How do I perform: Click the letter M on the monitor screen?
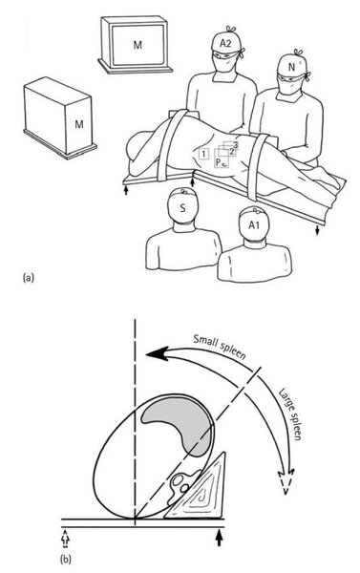[x=138, y=45]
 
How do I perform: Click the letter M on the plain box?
[x=79, y=124]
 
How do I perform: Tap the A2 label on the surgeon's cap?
[x=225, y=44]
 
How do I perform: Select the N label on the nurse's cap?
[x=291, y=67]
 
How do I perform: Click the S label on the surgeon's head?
[x=182, y=208]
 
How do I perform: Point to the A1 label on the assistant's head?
[x=254, y=225]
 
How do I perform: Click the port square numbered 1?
[x=203, y=154]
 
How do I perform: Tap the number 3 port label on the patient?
[x=236, y=145]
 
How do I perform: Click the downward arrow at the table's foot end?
[x=317, y=229]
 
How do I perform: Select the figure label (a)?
[x=28, y=278]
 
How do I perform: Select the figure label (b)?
[x=66, y=559]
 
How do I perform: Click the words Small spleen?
[x=219, y=346]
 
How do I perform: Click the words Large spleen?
[x=290, y=414]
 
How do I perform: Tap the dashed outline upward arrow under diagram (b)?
[x=66, y=539]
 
